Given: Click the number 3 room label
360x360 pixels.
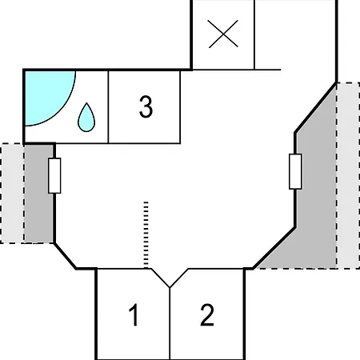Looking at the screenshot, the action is (146, 106).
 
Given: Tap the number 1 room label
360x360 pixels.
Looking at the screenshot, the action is (134, 314).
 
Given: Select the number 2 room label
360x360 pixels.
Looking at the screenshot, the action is (207, 314).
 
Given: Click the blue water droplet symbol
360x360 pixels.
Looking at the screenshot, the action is (86, 118).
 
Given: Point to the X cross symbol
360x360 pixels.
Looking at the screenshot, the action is (223, 34).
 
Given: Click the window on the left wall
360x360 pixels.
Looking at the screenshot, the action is (54, 175).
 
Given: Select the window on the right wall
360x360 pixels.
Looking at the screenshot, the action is (295, 171).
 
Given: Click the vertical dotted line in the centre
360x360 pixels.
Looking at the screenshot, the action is (146, 234).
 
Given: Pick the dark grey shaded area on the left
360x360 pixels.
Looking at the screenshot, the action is (39, 194).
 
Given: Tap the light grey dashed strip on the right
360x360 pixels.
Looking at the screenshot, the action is (348, 176).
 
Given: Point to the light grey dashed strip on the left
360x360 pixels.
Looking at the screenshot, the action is (13, 194).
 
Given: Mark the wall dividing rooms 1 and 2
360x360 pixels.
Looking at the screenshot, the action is (170, 323).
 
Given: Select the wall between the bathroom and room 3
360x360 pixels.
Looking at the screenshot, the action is (108, 107).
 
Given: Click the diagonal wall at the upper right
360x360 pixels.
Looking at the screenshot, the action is (315, 108).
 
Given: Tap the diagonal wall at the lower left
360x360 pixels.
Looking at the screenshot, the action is (65, 256).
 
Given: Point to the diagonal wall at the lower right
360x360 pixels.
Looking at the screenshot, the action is (274, 248).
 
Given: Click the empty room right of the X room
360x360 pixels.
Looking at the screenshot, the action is (295, 34).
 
